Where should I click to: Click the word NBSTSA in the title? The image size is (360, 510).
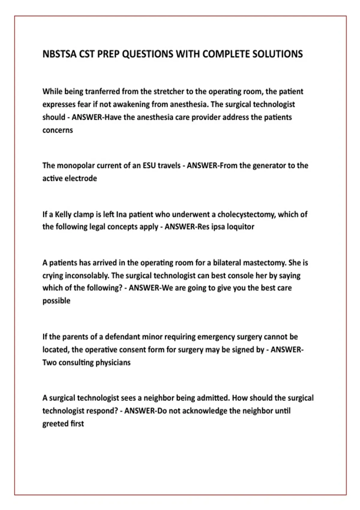click(59, 54)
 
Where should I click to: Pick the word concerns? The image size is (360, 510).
click(58, 130)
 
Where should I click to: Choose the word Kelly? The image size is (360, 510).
click(63, 214)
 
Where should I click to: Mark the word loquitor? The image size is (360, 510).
click(240, 227)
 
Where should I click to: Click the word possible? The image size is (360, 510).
click(56, 301)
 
